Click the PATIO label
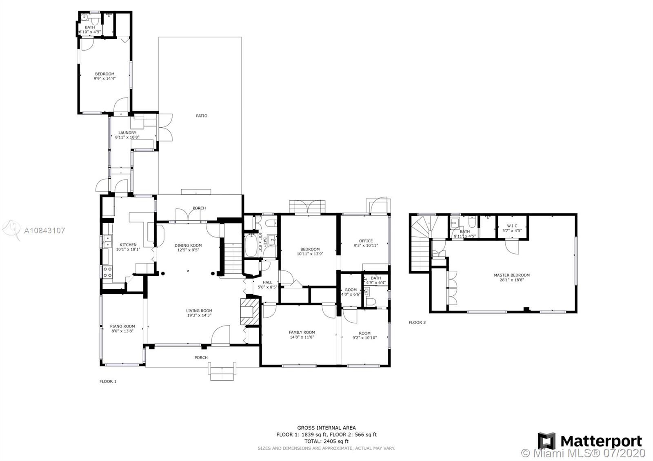(x=202, y=116)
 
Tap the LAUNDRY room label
(x=127, y=133)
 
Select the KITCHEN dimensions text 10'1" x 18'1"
(x=128, y=249)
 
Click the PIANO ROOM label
(x=122, y=326)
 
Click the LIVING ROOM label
(x=199, y=311)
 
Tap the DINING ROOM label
(x=188, y=246)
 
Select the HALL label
(x=267, y=282)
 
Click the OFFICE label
(x=366, y=241)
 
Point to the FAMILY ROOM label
(x=302, y=332)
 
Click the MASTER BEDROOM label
(x=512, y=275)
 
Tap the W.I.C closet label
(x=512, y=226)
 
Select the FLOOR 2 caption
(x=417, y=322)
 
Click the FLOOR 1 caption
(x=108, y=381)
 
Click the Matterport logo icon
(x=546, y=441)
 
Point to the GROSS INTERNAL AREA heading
(x=326, y=428)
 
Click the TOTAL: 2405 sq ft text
(x=326, y=441)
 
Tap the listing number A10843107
(x=44, y=230)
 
